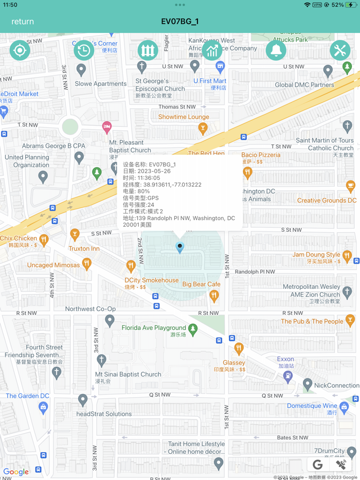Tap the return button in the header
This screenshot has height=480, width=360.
click(23, 22)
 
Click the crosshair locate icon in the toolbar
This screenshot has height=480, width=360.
click(20, 50)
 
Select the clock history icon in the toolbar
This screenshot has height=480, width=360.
click(84, 50)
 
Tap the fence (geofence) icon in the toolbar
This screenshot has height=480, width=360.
click(148, 50)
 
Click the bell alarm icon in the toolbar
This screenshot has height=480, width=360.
click(276, 50)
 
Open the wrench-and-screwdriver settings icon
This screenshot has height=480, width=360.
click(339, 50)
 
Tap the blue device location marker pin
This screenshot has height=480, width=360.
click(179, 248)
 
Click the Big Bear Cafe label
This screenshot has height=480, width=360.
click(201, 284)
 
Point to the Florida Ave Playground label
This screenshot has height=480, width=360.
click(154, 328)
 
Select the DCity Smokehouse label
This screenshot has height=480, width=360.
click(152, 281)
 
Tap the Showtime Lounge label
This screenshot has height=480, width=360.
click(184, 117)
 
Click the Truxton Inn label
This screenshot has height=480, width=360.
click(84, 249)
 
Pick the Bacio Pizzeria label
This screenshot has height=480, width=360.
click(261, 155)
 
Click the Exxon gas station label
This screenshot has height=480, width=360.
click(285, 359)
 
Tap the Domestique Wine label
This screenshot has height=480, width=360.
click(312, 406)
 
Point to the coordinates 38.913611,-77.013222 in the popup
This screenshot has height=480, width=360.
click(172, 184)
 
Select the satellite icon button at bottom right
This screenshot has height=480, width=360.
click(340, 465)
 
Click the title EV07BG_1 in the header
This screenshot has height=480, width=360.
click(179, 22)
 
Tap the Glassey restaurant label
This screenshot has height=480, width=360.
click(234, 363)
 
